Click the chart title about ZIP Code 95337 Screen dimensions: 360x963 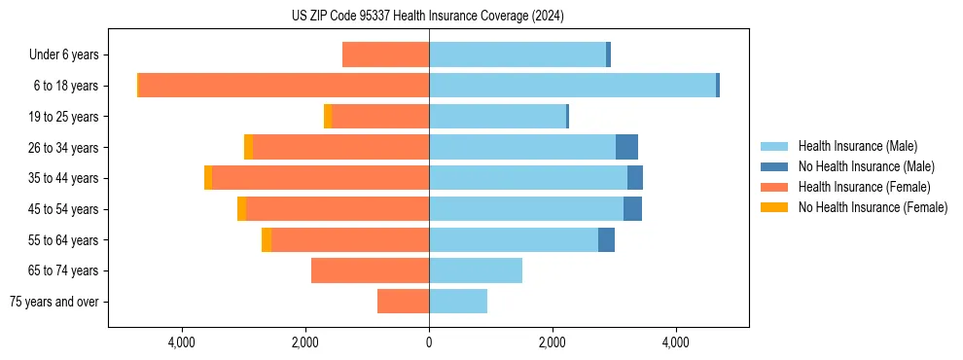(x=427, y=16)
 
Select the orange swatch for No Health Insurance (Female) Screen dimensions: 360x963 (x=774, y=207)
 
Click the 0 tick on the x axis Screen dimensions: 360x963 (x=429, y=342)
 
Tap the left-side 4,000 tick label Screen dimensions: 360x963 (x=183, y=342)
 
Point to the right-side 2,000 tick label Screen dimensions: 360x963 (x=552, y=342)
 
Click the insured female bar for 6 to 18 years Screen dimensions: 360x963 (x=284, y=86)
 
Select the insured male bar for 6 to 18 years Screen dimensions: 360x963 (x=572, y=86)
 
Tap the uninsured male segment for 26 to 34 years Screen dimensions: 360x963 (x=626, y=147)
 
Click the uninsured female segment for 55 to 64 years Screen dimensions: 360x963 (x=267, y=239)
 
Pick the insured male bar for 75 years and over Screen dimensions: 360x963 (x=458, y=302)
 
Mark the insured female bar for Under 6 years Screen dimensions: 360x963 (x=385, y=55)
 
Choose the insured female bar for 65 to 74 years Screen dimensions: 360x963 (x=370, y=270)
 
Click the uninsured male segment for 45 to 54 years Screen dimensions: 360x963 (x=632, y=209)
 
